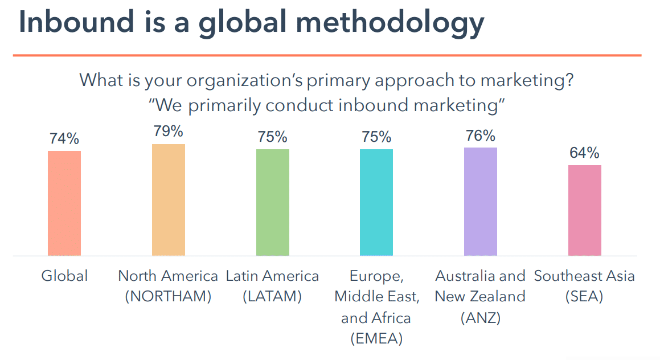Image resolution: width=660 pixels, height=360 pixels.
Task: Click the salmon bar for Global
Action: (64, 203)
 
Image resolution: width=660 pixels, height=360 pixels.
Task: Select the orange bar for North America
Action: (168, 199)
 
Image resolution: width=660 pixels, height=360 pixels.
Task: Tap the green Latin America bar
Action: (272, 202)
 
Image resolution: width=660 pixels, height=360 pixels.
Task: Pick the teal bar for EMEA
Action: (376, 202)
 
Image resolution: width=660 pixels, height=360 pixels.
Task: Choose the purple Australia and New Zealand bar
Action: (480, 201)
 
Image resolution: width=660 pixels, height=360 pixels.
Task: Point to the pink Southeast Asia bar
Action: (584, 210)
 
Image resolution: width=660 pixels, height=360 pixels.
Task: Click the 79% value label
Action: (168, 132)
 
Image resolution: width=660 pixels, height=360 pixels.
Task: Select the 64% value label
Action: (584, 153)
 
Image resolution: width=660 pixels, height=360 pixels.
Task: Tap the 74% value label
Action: (64, 139)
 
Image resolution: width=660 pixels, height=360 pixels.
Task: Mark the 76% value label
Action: (480, 136)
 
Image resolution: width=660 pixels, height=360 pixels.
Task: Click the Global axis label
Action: (64, 276)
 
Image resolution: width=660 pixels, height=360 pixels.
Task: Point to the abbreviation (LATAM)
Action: (272, 297)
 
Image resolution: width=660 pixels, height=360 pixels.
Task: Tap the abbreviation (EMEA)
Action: (376, 338)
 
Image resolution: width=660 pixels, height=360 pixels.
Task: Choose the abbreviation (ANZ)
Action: (480, 318)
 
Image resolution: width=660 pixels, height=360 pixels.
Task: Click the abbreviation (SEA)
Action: (584, 297)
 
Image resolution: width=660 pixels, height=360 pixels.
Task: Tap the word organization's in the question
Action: (236, 80)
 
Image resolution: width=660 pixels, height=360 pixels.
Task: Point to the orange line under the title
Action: (327, 55)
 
